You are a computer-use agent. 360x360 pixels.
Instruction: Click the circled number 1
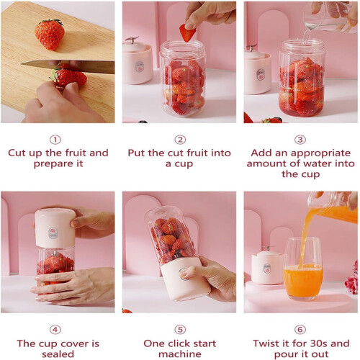[55, 140]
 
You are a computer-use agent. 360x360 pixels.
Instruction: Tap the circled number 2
[180, 140]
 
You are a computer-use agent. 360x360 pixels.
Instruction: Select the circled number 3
[300, 140]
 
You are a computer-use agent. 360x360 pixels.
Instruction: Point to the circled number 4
[55, 330]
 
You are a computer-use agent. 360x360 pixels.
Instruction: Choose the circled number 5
[180, 330]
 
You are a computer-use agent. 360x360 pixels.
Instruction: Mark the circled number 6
[300, 330]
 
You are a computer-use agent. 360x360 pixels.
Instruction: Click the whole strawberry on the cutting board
[50, 35]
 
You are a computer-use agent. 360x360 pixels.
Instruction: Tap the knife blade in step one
[68, 66]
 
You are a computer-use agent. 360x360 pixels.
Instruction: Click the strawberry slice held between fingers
[187, 32]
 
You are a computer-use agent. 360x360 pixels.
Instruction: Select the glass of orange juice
[302, 269]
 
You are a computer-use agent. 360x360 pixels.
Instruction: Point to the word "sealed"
[58, 354]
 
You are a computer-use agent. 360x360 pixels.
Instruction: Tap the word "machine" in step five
[180, 354]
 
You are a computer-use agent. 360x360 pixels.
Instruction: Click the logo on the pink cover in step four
[53, 233]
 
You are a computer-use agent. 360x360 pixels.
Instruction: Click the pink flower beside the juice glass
[352, 279]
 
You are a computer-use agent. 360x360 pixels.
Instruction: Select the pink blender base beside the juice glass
[267, 266]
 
